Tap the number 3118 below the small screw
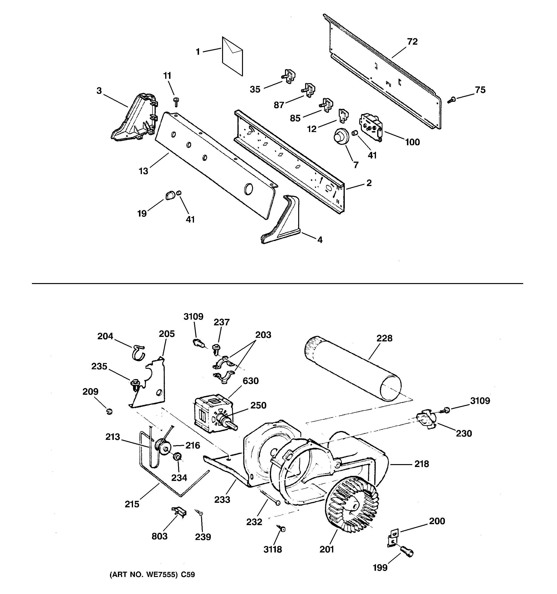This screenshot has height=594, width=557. click(x=272, y=549)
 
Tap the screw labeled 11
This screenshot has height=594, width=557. click(x=176, y=102)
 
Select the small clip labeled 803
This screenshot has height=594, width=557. click(x=180, y=512)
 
